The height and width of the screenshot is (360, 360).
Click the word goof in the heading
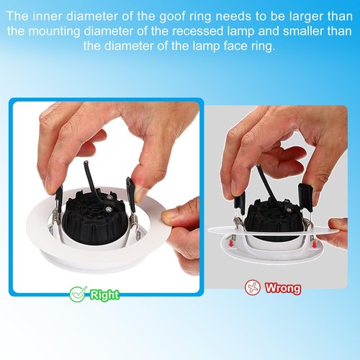point(173,17)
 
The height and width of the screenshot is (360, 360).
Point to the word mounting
point(54,32)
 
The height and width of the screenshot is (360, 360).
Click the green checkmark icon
point(78,294)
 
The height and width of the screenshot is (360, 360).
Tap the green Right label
point(104,294)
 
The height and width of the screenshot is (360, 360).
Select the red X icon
point(253,287)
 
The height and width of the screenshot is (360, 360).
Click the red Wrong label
point(283,287)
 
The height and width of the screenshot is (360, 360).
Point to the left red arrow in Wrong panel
point(231,243)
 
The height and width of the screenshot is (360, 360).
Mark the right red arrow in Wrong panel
point(314,244)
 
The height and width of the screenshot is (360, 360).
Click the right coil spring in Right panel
point(133,222)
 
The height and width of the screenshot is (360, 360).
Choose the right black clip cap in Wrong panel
point(305,197)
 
